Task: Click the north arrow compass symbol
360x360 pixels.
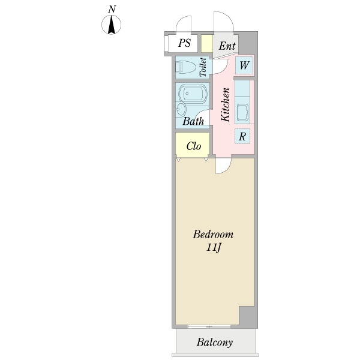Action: pos(112,25)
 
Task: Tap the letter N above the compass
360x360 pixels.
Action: pos(112,9)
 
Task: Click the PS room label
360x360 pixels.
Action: pos(185,44)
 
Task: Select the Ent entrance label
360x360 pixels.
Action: pos(226,46)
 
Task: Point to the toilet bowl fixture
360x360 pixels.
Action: pos(186,67)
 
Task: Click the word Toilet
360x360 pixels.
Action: pos(203,67)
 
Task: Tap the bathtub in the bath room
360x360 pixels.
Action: pos(193,94)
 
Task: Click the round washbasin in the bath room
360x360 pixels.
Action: pos(182,109)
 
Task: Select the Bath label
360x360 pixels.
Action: pos(193,122)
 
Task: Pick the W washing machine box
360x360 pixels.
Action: pos(244,65)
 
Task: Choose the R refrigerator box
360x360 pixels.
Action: pos(242,136)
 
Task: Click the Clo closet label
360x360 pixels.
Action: pos(193,146)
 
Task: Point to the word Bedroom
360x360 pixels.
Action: pos(212,234)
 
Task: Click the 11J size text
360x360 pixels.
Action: pos(212,247)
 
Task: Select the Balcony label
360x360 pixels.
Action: pos(214,343)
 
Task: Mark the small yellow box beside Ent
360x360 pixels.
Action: pos(206,44)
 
